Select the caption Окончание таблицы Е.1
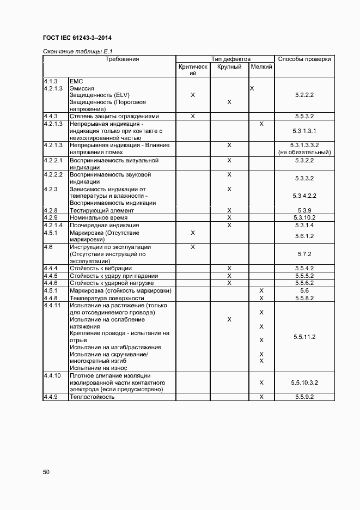[x=74, y=51]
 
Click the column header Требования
[x=122, y=59]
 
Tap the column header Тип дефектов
[x=230, y=59]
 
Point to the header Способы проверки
[x=304, y=59]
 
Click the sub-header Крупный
[x=229, y=66]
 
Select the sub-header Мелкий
[x=261, y=66]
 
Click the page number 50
[x=46, y=472]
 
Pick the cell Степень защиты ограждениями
[x=114, y=117]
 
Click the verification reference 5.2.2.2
[x=304, y=95]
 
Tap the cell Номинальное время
[x=97, y=217]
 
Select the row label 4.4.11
[x=53, y=305]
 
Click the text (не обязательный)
[x=304, y=153]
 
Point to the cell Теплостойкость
[x=92, y=397]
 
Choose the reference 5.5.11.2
[x=304, y=337]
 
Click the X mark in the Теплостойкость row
[x=261, y=397]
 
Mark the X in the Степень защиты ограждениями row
[x=193, y=117]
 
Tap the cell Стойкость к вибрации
[x=101, y=268]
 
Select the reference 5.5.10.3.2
[x=304, y=383]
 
